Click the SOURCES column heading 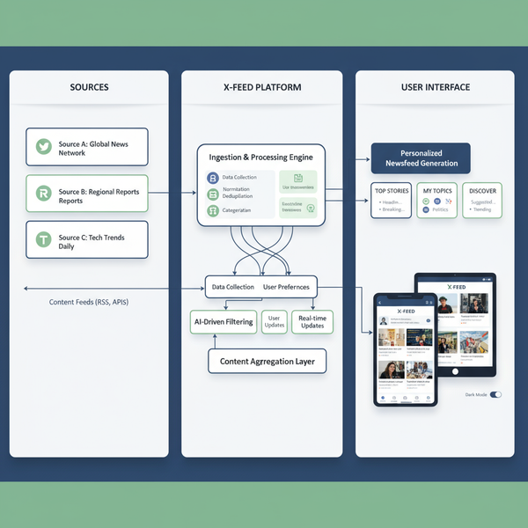click(x=89, y=88)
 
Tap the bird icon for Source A click(x=42, y=148)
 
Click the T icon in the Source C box click(x=42, y=239)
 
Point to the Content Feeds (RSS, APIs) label click(x=89, y=302)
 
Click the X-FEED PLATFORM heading click(x=261, y=88)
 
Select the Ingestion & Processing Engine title click(x=260, y=158)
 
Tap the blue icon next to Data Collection click(x=212, y=178)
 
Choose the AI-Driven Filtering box click(x=224, y=322)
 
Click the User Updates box click(x=275, y=321)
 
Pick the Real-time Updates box click(x=312, y=321)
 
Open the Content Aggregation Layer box click(x=268, y=361)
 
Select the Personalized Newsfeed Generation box click(x=421, y=158)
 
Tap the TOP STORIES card click(x=392, y=201)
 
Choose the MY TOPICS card click(x=436, y=201)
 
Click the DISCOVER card click(x=482, y=201)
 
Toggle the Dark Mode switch click(x=495, y=394)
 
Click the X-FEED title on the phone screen click(x=406, y=311)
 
